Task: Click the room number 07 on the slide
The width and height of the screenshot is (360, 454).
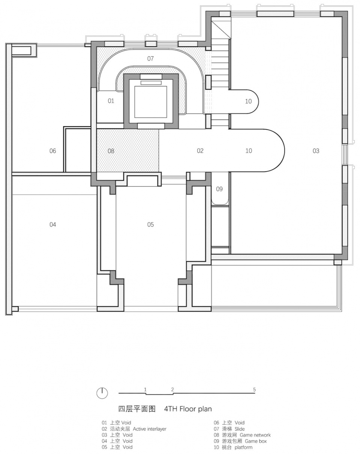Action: pyautogui.click(x=150, y=59)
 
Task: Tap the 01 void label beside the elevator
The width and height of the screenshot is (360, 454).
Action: pyautogui.click(x=111, y=101)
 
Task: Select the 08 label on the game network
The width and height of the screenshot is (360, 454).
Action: pyautogui.click(x=111, y=151)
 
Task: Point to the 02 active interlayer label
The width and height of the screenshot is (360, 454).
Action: pyautogui.click(x=200, y=150)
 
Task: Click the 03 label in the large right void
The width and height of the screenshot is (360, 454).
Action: pyautogui.click(x=316, y=151)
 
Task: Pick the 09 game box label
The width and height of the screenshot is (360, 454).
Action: pyautogui.click(x=219, y=189)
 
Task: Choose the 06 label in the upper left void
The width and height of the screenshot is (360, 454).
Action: pyautogui.click(x=53, y=151)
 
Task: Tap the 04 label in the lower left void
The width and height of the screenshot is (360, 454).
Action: pyautogui.click(x=53, y=224)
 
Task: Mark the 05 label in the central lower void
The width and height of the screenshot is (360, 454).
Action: pyautogui.click(x=151, y=224)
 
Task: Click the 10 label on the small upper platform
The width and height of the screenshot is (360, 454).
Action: pyautogui.click(x=248, y=101)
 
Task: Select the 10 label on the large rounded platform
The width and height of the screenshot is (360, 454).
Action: pyautogui.click(x=249, y=150)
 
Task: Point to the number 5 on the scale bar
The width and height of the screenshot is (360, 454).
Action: pyautogui.click(x=254, y=389)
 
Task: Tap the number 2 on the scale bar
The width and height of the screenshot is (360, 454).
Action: pyautogui.click(x=172, y=389)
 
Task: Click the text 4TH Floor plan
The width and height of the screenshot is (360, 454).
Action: pyautogui.click(x=188, y=409)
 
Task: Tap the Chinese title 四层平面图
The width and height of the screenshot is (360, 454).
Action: pyautogui.click(x=137, y=409)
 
